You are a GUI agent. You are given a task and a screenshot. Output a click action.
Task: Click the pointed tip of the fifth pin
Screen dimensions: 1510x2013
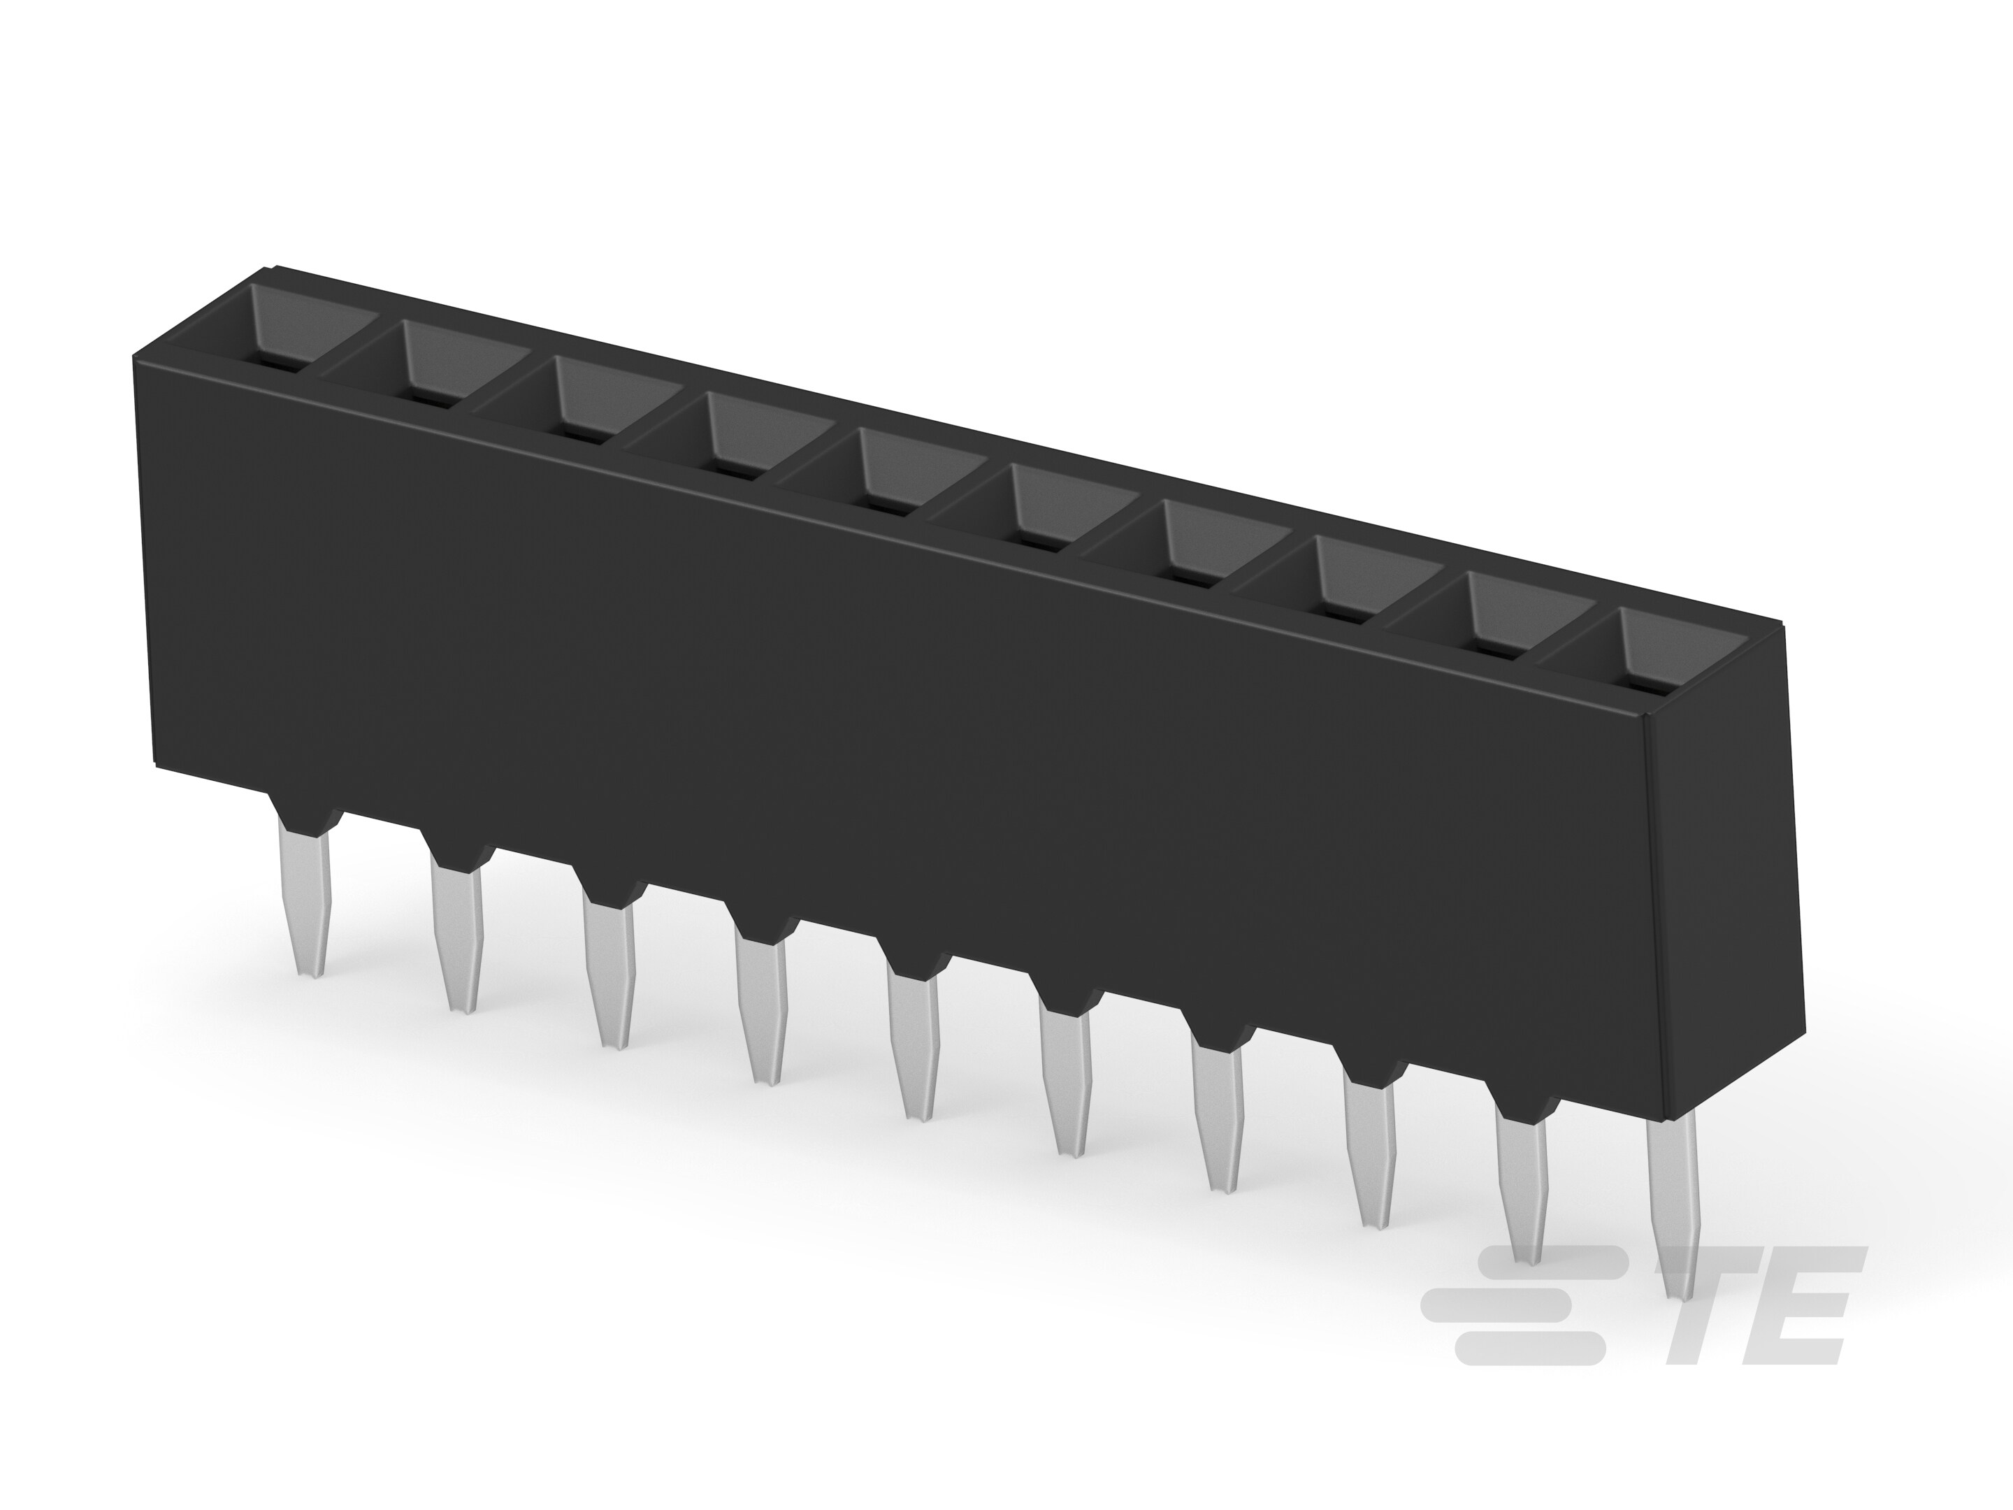(921, 1116)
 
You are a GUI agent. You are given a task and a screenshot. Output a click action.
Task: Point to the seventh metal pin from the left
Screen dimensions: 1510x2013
(1220, 1119)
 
